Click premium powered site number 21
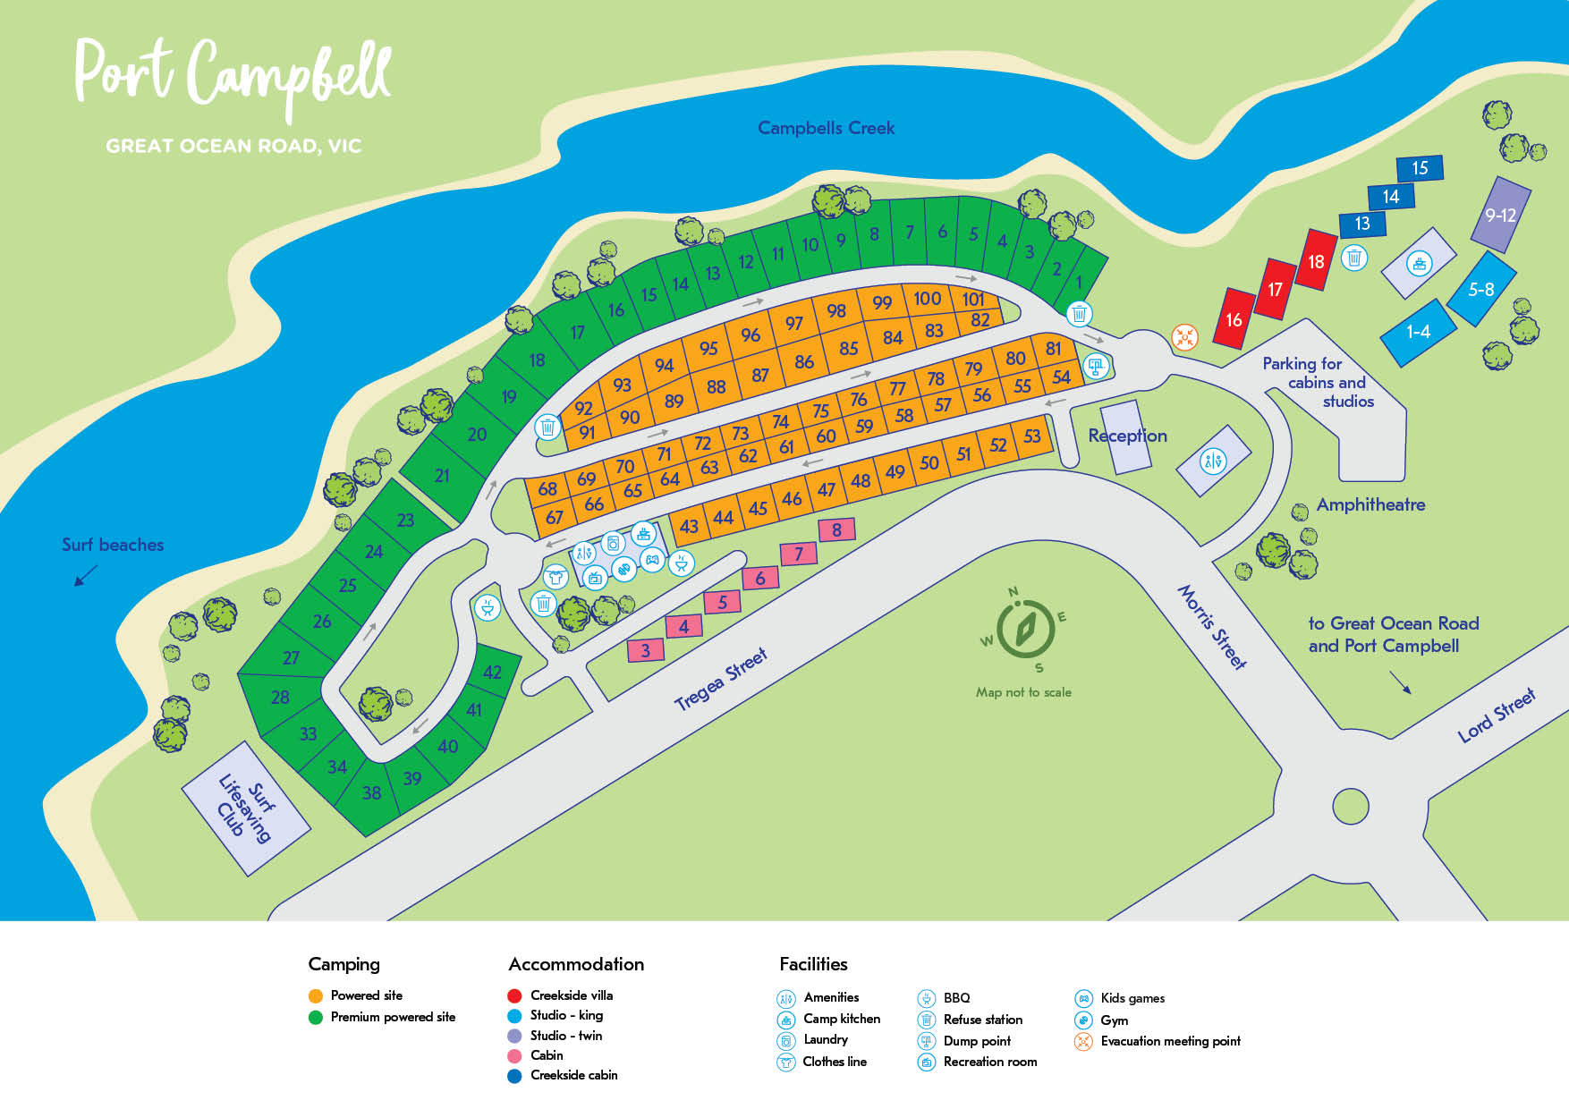tap(442, 475)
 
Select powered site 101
tap(973, 299)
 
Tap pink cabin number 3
tap(646, 650)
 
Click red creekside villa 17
tap(1275, 289)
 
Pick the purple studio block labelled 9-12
tap(1500, 215)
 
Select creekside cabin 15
tap(1420, 168)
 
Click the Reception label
tap(1127, 436)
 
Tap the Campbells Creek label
tap(826, 128)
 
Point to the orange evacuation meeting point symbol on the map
tap(1184, 337)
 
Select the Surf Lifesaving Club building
tap(245, 808)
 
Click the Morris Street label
tap(1211, 627)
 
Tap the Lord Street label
tap(1496, 715)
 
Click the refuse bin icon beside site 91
tap(547, 428)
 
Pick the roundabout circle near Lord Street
tap(1350, 806)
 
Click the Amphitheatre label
tap(1370, 504)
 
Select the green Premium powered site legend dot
tap(315, 1017)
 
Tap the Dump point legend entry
tap(977, 1041)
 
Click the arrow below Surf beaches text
tap(86, 576)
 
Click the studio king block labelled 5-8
tap(1481, 289)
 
